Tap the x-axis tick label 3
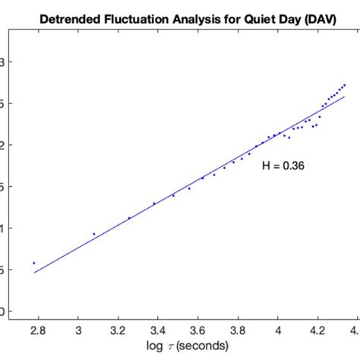coord(78,331)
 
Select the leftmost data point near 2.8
coord(33,263)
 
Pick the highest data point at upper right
coord(345,84)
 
